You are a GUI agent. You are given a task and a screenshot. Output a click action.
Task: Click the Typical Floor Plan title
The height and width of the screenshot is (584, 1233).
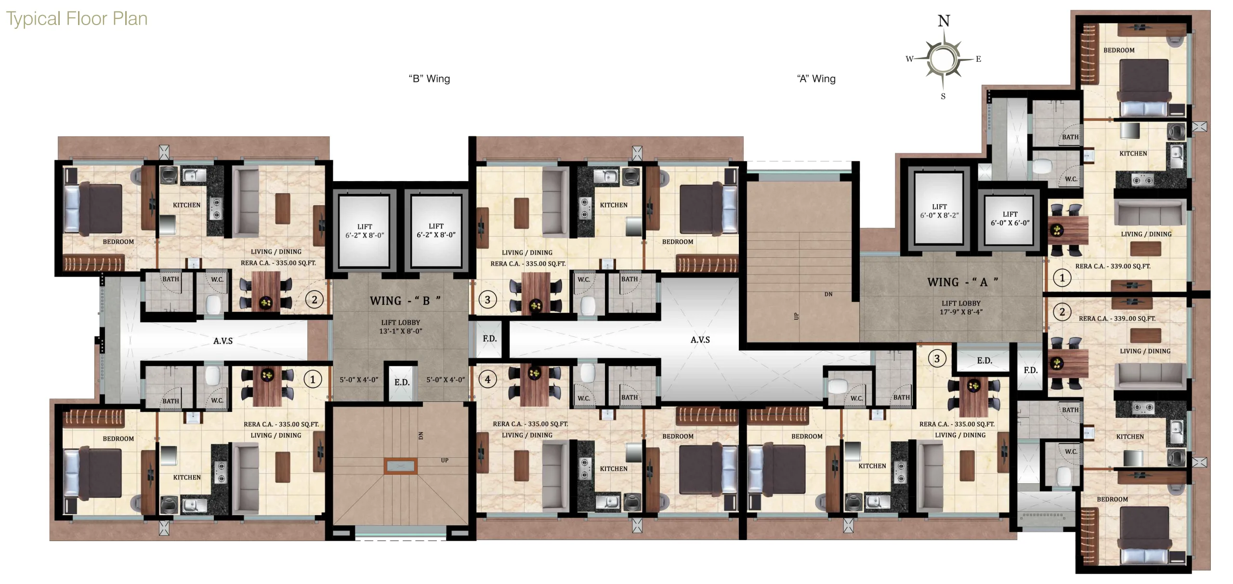(77, 19)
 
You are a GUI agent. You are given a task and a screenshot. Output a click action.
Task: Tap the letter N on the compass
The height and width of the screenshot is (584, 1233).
(944, 21)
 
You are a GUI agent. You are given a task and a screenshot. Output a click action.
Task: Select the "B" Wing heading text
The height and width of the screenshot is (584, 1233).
(429, 79)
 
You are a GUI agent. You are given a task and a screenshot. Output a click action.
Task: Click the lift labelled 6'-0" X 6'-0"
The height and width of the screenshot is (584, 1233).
(1010, 218)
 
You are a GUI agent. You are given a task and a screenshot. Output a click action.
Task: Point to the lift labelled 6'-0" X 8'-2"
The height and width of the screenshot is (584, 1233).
(939, 211)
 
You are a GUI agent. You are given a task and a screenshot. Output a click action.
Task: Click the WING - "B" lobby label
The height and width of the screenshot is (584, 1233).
(405, 301)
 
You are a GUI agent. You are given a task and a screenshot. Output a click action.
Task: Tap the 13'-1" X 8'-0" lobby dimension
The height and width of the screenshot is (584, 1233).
(401, 331)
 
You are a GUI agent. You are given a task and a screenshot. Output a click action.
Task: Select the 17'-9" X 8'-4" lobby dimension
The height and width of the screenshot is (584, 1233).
(961, 312)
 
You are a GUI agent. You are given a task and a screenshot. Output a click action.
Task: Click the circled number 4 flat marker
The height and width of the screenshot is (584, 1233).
(487, 379)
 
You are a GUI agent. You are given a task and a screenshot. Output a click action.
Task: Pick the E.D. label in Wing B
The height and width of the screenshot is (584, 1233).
(402, 383)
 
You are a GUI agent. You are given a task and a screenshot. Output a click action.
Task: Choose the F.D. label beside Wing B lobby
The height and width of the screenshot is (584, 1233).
(489, 339)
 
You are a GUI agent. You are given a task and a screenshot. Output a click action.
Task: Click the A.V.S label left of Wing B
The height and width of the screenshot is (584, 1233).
(223, 341)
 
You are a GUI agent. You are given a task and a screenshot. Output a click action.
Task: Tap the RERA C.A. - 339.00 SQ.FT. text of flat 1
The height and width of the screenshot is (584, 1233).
(1113, 266)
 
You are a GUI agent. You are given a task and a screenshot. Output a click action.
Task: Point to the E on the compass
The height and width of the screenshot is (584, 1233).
(978, 59)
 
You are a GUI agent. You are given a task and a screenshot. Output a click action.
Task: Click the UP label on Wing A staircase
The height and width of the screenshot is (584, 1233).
(796, 316)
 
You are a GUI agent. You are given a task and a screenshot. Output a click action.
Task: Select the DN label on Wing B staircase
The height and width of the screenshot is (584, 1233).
(420, 435)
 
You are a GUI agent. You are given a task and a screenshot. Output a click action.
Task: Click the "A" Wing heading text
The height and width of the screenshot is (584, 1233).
(816, 79)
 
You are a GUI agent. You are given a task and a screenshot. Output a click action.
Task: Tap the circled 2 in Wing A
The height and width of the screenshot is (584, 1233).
(1062, 312)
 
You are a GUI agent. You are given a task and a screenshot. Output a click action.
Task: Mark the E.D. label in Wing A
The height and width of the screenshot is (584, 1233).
(984, 360)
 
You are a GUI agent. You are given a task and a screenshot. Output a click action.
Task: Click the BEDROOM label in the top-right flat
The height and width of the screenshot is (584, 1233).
(1119, 50)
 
